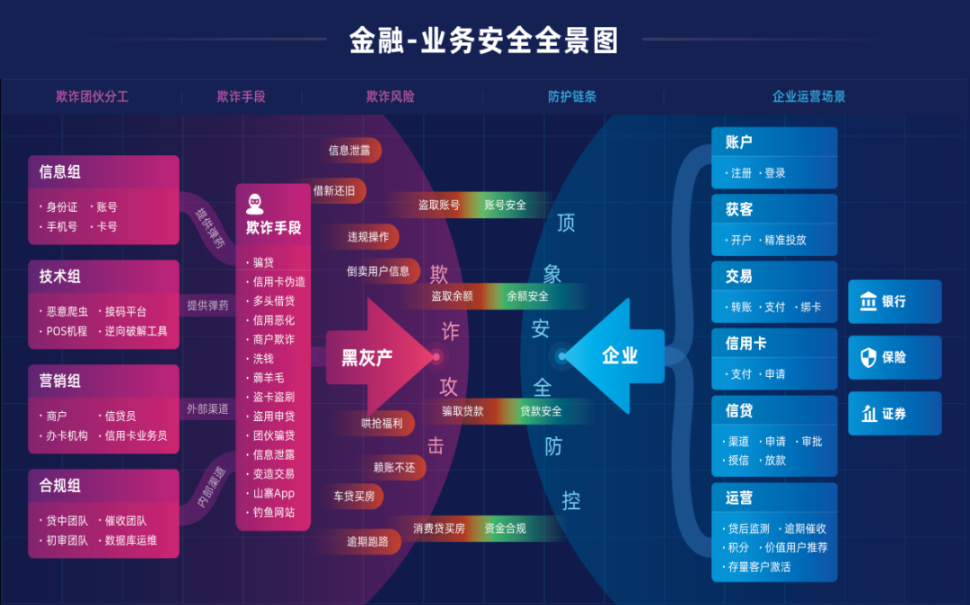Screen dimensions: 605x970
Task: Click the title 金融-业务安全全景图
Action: [484, 40]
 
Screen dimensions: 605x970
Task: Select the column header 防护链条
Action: [572, 97]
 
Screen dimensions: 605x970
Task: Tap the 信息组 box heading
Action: [60, 171]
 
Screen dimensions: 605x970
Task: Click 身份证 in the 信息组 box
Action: [62, 207]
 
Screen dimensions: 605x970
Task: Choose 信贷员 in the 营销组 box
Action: [120, 416]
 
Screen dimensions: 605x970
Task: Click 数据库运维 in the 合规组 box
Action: [131, 540]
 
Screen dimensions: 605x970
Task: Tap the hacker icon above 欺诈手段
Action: [255, 204]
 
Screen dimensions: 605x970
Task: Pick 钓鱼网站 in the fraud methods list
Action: [274, 513]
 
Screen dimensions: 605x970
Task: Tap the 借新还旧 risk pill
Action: [334, 190]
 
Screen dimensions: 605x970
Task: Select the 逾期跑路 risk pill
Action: [368, 541]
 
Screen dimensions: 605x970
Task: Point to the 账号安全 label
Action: [506, 205]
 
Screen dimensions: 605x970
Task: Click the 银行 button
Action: [894, 302]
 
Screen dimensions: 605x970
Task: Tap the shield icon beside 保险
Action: [869, 357]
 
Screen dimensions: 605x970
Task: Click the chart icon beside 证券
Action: [869, 414]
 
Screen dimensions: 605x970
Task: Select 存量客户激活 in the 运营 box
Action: [759, 566]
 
